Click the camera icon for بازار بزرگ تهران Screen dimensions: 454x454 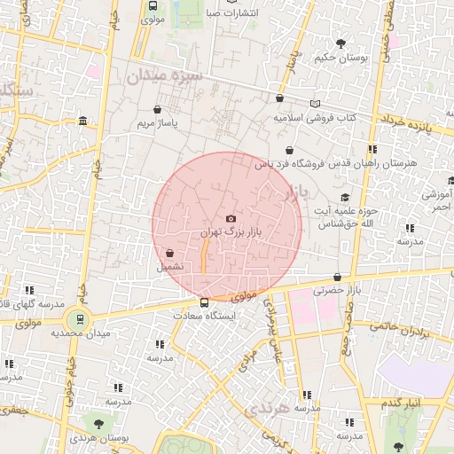pos(231,218)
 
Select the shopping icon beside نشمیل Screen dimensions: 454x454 pos(169,252)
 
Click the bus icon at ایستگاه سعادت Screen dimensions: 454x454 pos(206,302)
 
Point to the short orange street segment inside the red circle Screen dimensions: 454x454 pos(205,258)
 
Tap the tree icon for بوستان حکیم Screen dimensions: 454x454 pos(340,43)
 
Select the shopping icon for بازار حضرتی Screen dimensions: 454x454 pos(338,277)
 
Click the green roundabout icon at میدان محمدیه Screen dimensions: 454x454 pos(81,318)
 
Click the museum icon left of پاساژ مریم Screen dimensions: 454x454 pos(82,121)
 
